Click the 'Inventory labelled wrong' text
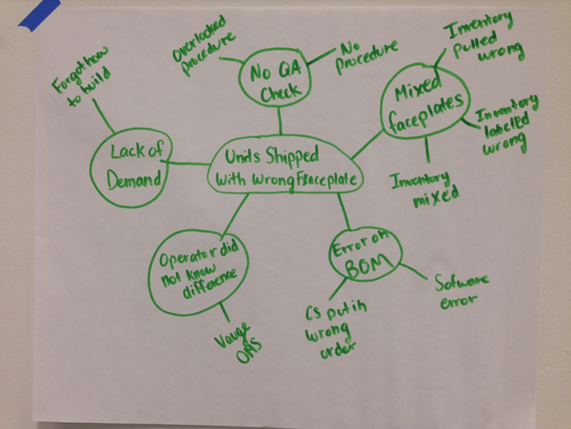coord(506,127)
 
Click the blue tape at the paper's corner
coord(39,9)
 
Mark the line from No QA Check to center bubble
coord(280,124)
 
